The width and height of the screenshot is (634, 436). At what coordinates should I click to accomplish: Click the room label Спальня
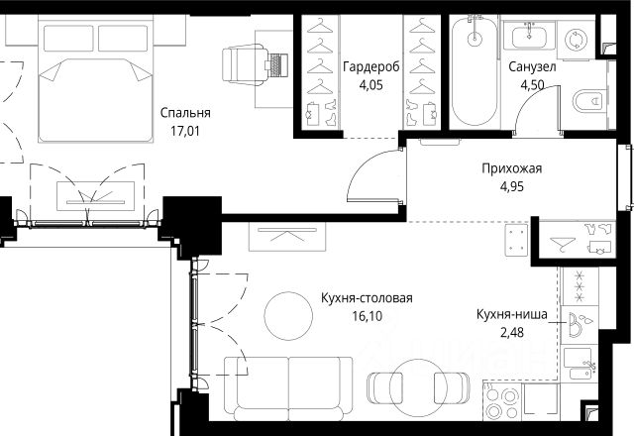click(x=185, y=113)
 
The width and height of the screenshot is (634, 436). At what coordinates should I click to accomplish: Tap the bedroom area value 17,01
click(x=185, y=131)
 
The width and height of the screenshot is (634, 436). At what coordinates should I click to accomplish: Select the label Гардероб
click(x=371, y=66)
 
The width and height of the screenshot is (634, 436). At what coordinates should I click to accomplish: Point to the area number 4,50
click(x=532, y=85)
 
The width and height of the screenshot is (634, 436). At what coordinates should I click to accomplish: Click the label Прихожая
click(x=511, y=168)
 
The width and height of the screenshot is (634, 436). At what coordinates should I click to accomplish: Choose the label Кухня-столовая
click(x=367, y=298)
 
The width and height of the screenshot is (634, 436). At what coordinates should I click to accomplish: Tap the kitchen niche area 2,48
click(x=512, y=333)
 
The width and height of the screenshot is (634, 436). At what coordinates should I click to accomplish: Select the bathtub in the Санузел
click(x=475, y=70)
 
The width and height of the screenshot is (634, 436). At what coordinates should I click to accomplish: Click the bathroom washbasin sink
click(x=530, y=36)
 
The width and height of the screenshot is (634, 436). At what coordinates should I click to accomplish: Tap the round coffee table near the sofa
click(x=288, y=316)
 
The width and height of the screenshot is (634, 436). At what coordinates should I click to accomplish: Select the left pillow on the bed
click(x=68, y=39)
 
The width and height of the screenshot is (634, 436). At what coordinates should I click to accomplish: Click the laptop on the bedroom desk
click(x=277, y=65)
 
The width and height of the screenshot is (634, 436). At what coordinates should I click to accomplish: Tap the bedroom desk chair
click(x=245, y=65)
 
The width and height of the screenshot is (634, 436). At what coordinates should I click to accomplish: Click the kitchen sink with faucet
click(x=581, y=364)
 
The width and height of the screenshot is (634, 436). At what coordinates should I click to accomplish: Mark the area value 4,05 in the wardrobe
click(x=370, y=85)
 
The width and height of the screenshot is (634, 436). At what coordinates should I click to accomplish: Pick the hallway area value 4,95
click(x=512, y=186)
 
